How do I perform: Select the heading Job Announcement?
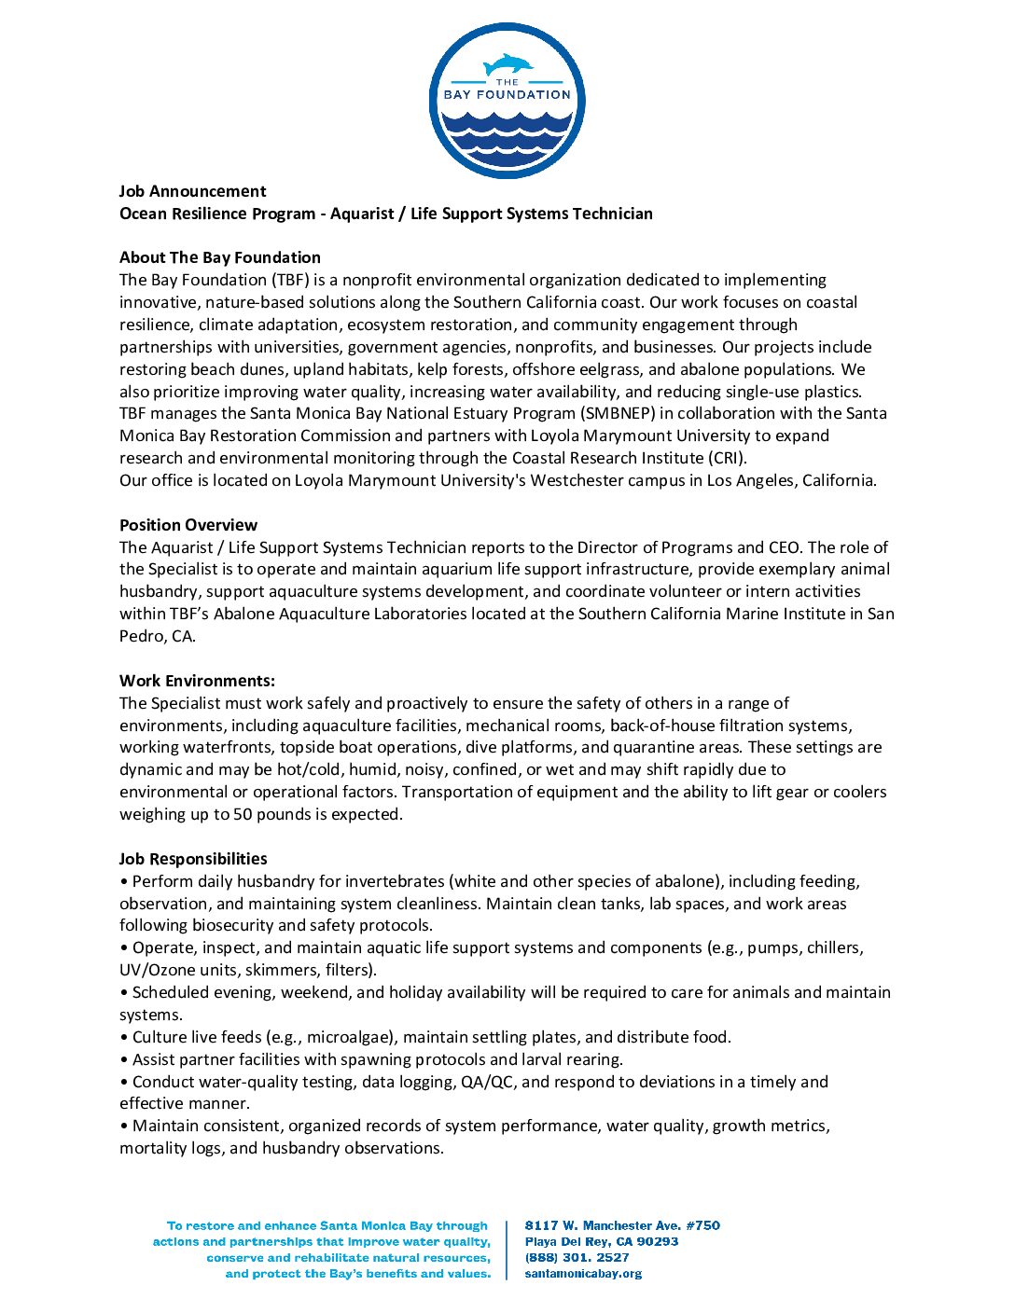pos(192,191)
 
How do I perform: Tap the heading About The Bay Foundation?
pos(220,257)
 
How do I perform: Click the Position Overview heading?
pos(188,525)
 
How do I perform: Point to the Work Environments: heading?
pos(197,681)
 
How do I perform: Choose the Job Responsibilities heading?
pos(193,859)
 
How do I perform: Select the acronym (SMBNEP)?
pos(618,413)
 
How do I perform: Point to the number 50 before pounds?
pos(243,814)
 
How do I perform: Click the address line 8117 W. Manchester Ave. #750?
pos(622,1225)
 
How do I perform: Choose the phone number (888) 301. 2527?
pos(577,1257)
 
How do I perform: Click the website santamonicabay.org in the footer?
pos(583,1273)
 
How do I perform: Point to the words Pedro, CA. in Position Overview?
pos(158,636)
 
